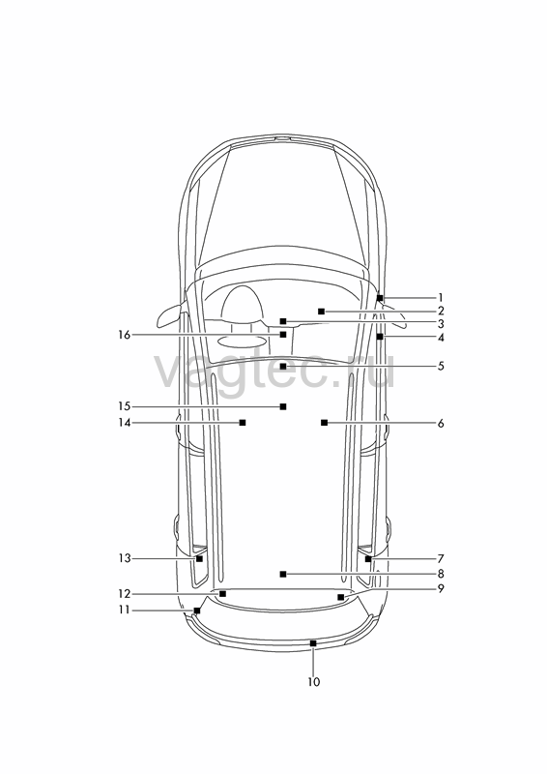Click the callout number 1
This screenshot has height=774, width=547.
point(441,298)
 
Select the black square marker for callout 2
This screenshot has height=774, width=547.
point(321,311)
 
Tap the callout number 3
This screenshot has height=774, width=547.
point(441,324)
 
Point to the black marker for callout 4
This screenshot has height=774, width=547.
point(379,337)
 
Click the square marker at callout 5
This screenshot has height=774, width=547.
point(282,367)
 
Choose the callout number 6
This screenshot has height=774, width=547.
point(441,423)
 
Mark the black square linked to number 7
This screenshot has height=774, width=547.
point(368,559)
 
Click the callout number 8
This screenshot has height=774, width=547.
point(441,574)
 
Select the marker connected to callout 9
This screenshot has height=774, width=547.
point(340,597)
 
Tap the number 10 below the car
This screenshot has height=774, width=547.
point(314,682)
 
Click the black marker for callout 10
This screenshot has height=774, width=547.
point(313,643)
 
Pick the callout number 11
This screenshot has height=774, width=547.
point(124,610)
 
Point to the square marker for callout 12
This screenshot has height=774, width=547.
point(222,594)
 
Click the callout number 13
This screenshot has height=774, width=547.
point(124,558)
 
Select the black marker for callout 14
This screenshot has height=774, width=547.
point(243,423)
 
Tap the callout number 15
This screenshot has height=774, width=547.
point(124,406)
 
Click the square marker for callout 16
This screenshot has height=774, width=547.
point(282,335)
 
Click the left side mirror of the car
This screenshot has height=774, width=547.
point(170,316)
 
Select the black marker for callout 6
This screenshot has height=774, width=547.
point(324,423)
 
